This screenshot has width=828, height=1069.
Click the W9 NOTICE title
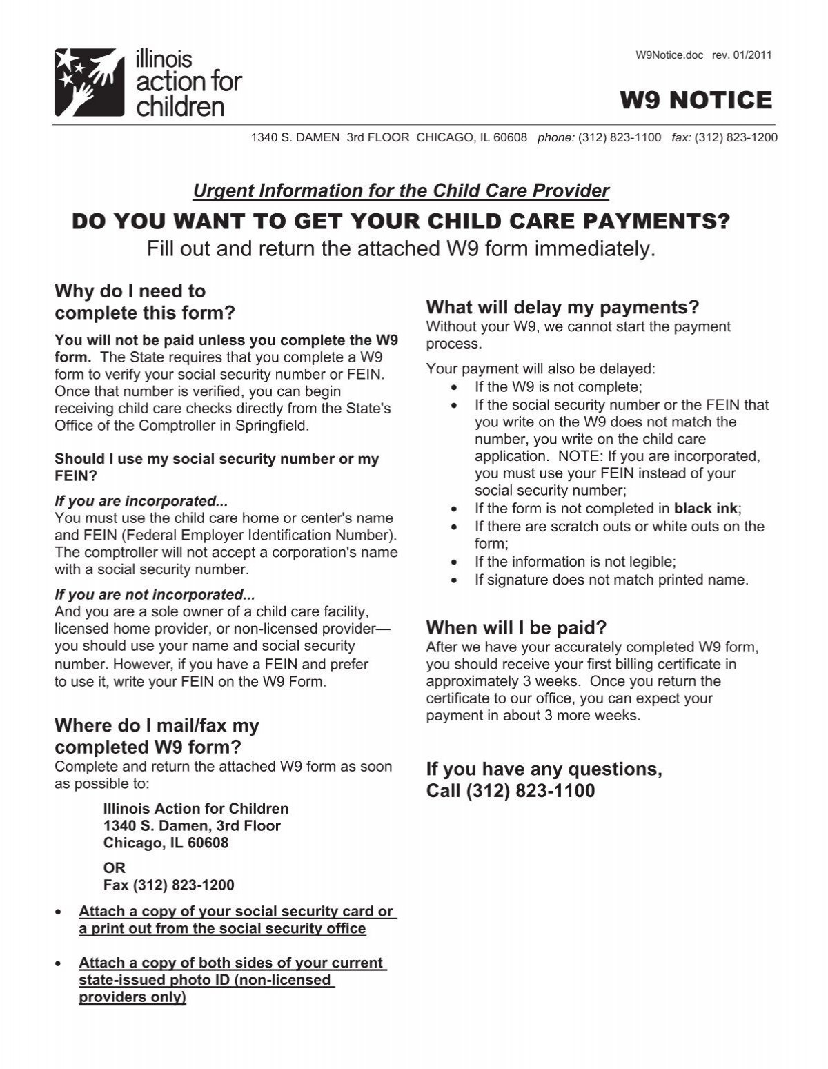point(696,101)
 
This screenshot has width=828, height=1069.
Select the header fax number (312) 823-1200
point(736,137)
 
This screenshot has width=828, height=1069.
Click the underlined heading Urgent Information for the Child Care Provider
point(401,190)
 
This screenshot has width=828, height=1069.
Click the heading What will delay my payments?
point(562,306)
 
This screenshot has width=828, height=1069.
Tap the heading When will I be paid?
point(516,627)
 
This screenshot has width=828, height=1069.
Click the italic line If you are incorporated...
point(141,501)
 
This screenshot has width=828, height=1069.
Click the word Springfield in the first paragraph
point(275,425)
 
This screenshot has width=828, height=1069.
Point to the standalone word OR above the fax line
point(115,867)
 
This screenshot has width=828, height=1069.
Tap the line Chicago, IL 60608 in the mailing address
point(166,843)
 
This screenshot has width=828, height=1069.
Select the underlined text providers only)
point(132,997)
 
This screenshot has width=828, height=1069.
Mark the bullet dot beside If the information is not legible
point(453,562)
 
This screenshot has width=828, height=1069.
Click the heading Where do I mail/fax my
point(157,725)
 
